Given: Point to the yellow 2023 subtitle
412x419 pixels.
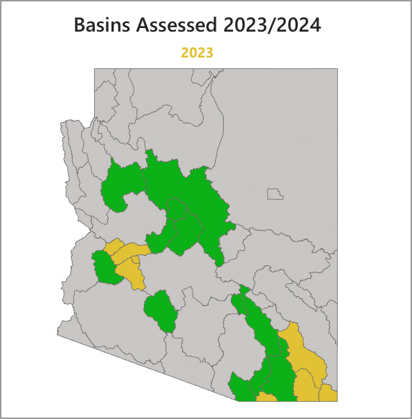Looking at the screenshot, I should (x=197, y=52).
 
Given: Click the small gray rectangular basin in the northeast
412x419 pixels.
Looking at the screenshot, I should (x=275, y=193).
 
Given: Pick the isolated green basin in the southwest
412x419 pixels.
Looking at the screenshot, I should (x=161, y=310).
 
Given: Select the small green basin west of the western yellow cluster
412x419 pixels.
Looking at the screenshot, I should (x=105, y=267).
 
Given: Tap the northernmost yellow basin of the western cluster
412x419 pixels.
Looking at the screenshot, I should (x=114, y=248).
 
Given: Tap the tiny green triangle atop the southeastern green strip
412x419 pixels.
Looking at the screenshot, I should (x=244, y=290).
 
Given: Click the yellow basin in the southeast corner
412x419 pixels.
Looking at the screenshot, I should (x=328, y=393).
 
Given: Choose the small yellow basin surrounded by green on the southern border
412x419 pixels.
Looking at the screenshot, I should (x=266, y=396).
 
